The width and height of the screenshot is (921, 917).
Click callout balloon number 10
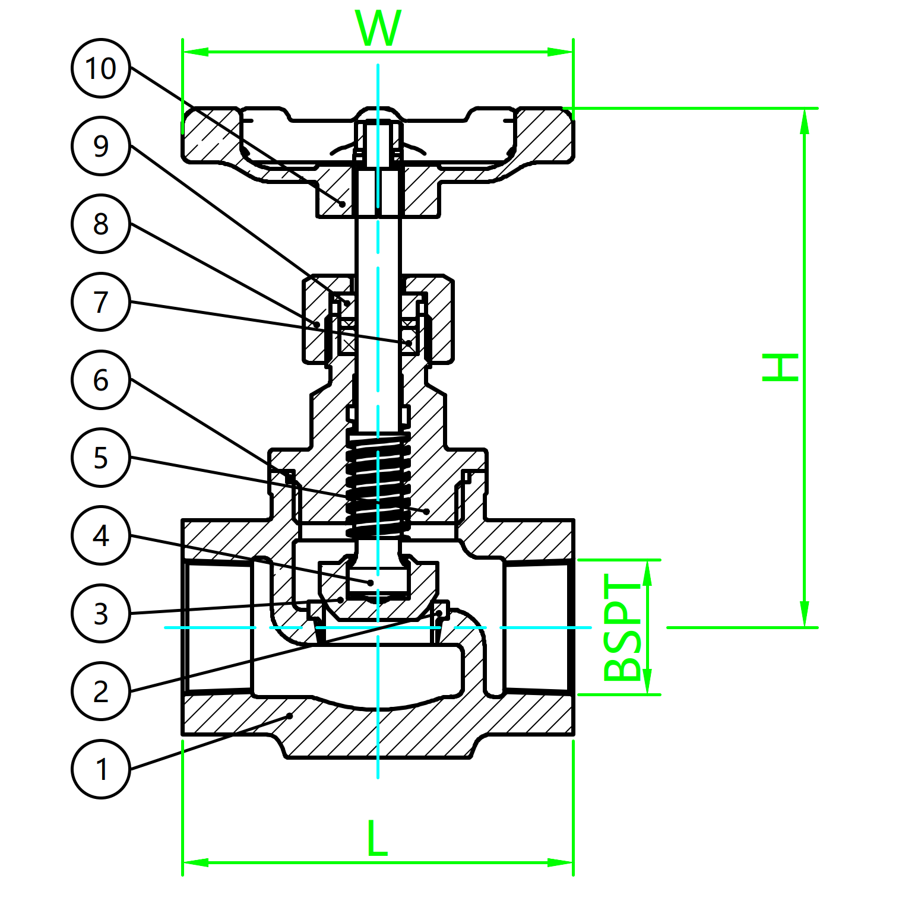click(x=101, y=68)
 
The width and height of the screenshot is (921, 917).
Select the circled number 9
click(x=101, y=146)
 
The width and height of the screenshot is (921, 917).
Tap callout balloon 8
click(x=101, y=224)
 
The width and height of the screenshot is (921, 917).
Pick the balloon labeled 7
click(x=101, y=302)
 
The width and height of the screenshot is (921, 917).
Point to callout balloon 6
click(x=101, y=380)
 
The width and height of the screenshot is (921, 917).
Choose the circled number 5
click(x=101, y=458)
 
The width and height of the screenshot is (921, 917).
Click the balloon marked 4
click(x=101, y=535)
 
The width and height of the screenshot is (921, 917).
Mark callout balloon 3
click(x=101, y=614)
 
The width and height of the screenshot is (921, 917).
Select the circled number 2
click(x=101, y=691)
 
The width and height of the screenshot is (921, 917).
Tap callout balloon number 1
click(x=101, y=769)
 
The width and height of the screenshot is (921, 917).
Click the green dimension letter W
click(x=378, y=28)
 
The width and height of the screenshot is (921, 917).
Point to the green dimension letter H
click(x=780, y=367)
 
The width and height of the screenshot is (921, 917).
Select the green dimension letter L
click(x=377, y=839)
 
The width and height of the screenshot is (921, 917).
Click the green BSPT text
click(x=622, y=627)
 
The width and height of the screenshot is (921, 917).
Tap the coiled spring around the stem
click(x=378, y=484)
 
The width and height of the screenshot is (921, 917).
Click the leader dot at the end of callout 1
click(x=290, y=716)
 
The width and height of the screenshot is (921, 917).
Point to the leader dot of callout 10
click(x=343, y=204)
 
